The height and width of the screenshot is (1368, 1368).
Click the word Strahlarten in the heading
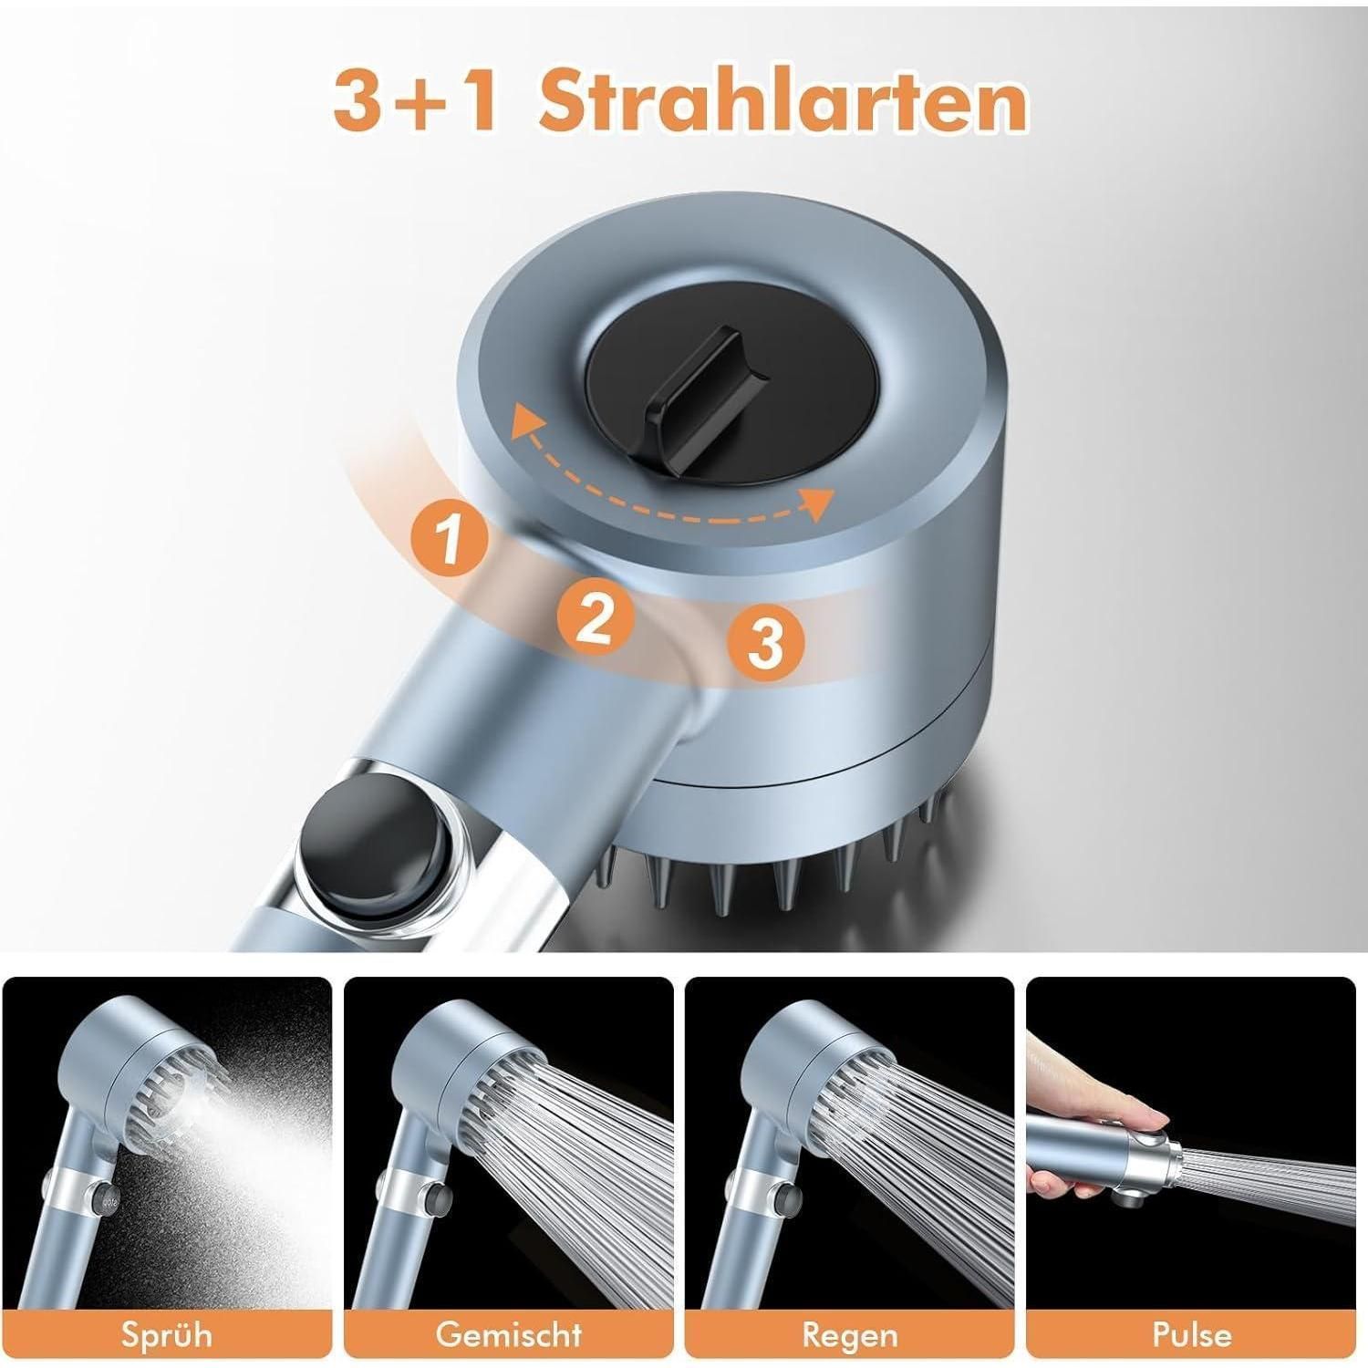click(782, 102)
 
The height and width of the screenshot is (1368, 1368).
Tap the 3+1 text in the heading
click(414, 103)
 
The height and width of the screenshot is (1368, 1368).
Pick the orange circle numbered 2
click(596, 617)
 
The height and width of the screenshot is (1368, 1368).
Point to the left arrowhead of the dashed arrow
click(522, 421)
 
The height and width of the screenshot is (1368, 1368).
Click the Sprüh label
click(166, 1334)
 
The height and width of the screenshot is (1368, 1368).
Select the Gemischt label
click(508, 1334)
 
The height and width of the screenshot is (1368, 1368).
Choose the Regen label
click(848, 1334)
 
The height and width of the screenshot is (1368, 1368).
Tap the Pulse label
click(1191, 1334)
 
